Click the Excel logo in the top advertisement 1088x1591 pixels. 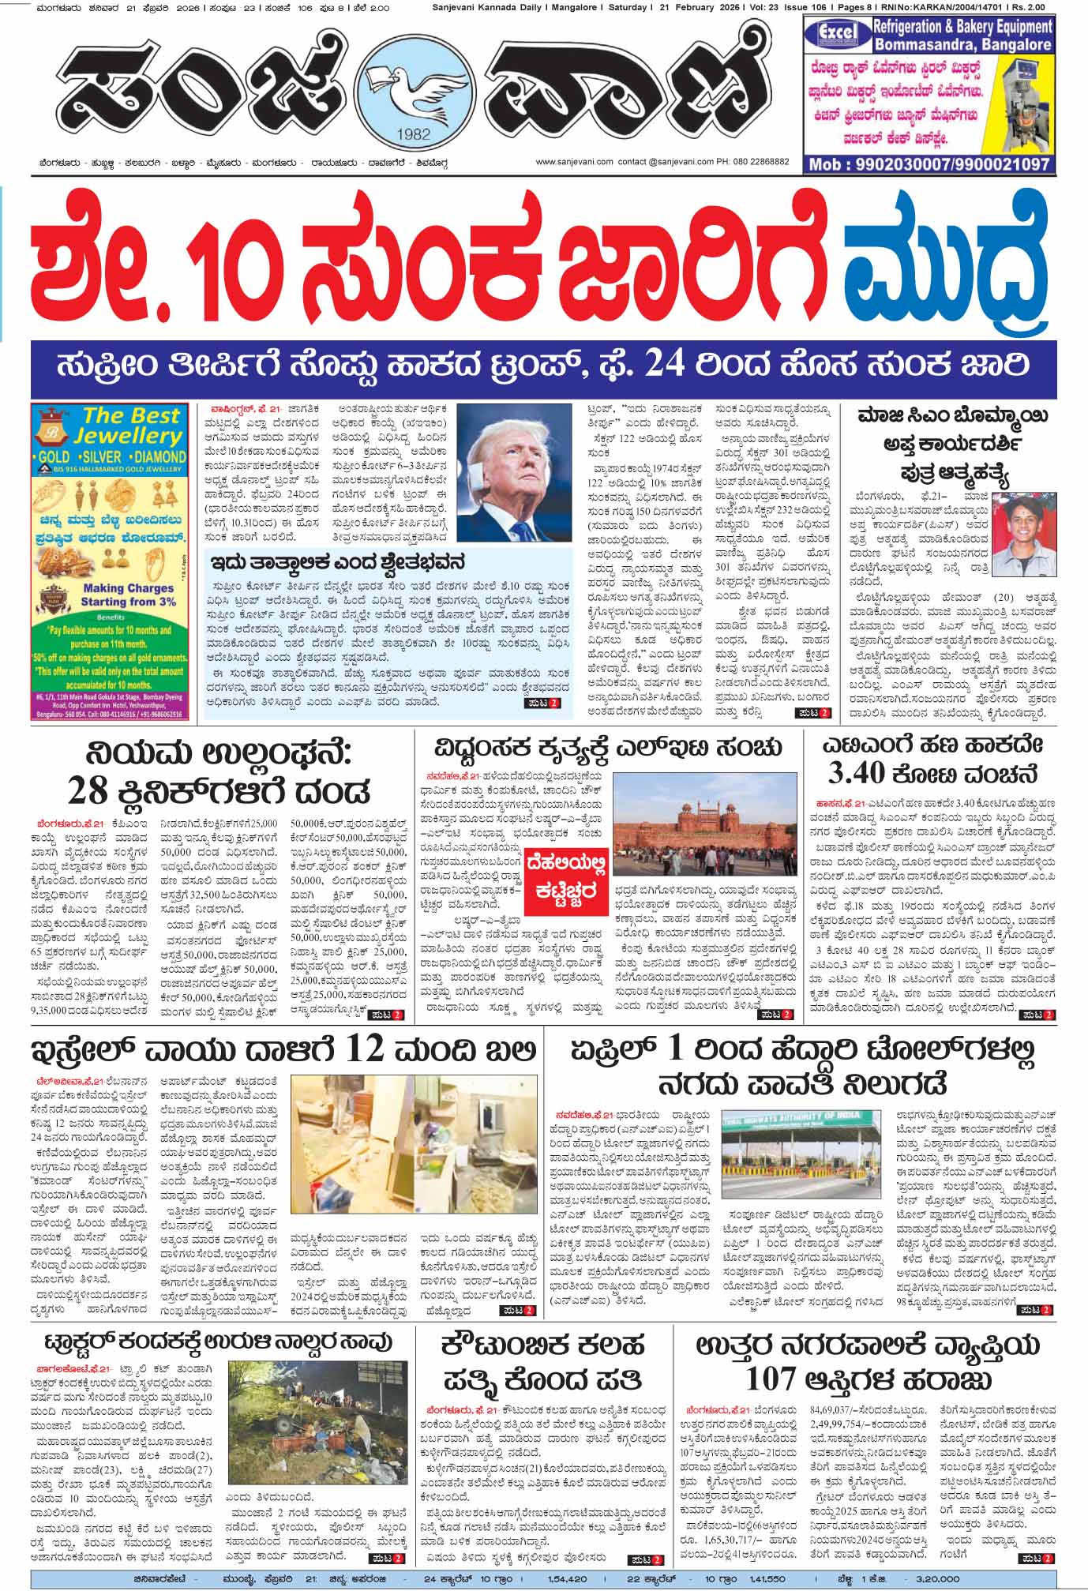(836, 35)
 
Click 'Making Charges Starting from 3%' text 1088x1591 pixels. (128, 595)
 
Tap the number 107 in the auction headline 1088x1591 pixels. (771, 1379)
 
